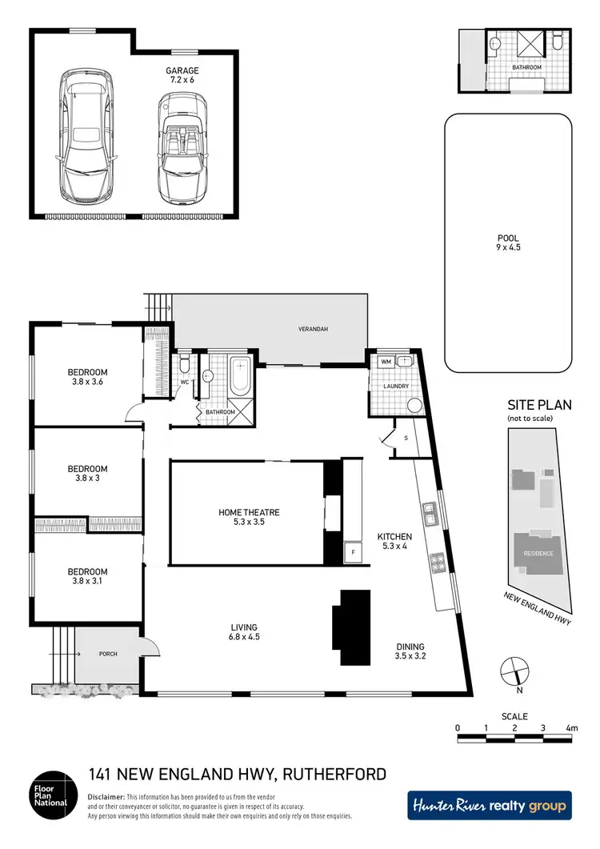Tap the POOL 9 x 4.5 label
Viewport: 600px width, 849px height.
click(508, 243)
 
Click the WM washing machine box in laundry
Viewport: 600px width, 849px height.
click(386, 362)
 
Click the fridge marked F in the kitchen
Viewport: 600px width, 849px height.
click(350, 552)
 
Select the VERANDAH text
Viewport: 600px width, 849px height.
click(314, 329)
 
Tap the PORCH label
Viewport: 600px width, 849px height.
click(107, 654)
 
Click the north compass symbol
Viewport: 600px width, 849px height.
click(511, 667)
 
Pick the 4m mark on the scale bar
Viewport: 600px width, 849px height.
click(571, 728)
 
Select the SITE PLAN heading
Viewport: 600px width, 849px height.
click(539, 406)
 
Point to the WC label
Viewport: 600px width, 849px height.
click(183, 381)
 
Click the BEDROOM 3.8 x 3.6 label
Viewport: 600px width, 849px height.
click(87, 377)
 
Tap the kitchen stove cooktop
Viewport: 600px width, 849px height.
click(438, 563)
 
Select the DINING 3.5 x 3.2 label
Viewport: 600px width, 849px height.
click(409, 652)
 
